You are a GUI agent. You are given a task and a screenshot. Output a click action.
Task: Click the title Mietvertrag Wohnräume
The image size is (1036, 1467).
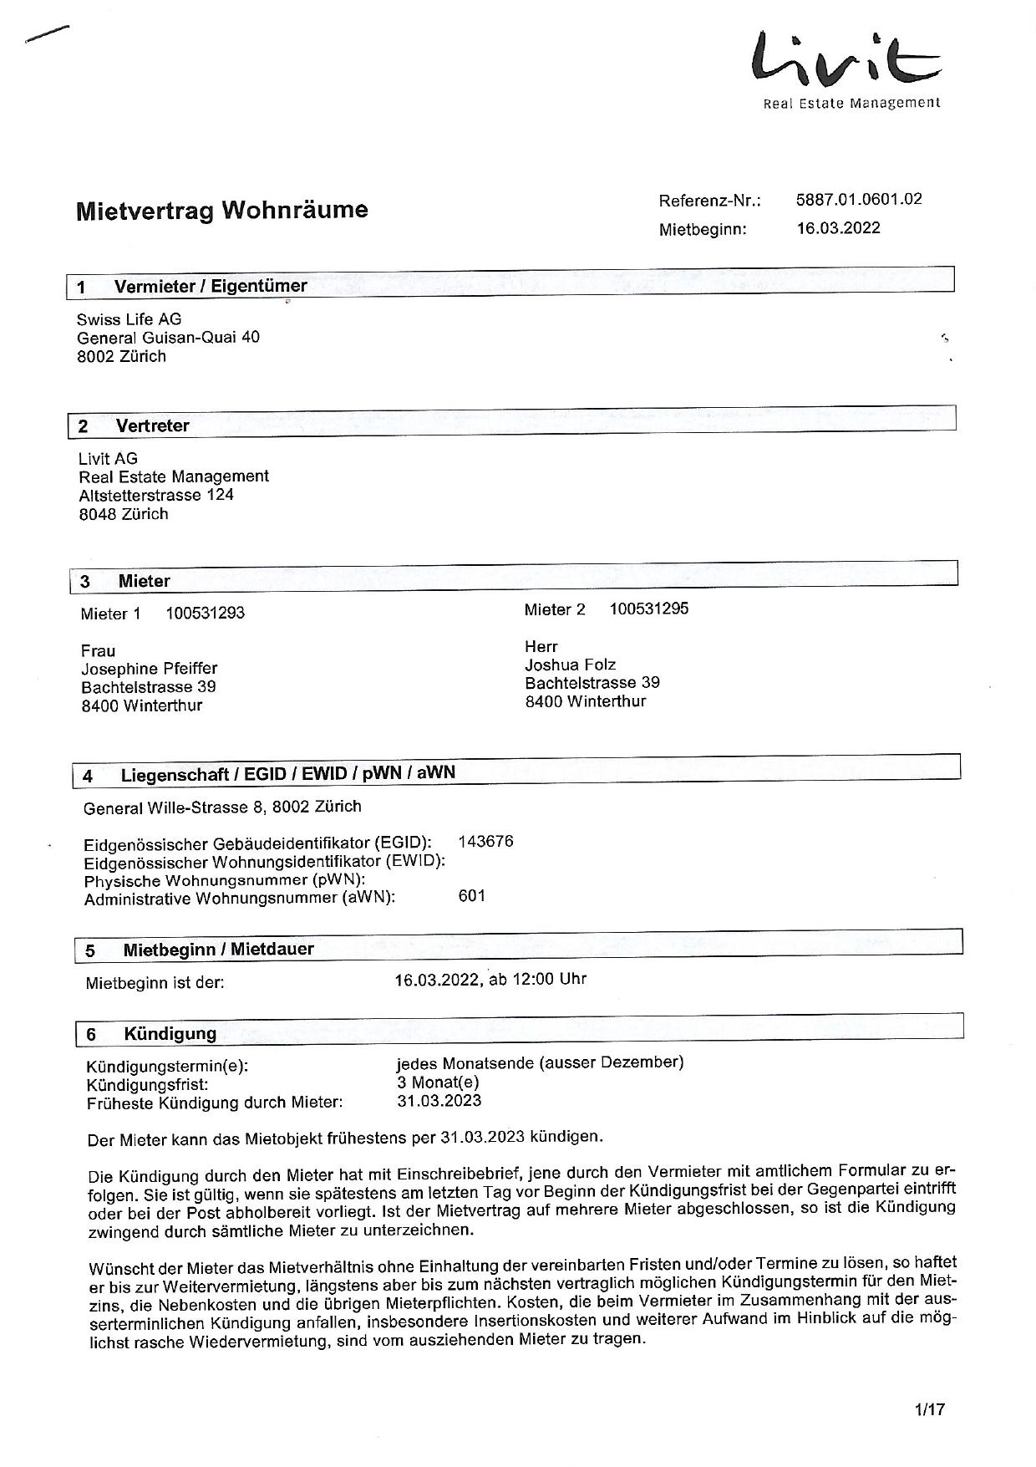[x=221, y=210]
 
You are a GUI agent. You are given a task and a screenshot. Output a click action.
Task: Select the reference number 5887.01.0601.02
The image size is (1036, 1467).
[x=859, y=199]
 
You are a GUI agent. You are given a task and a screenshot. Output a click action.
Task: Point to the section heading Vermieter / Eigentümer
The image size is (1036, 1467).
[x=211, y=286]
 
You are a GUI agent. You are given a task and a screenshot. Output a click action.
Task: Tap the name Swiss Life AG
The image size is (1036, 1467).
[x=129, y=319]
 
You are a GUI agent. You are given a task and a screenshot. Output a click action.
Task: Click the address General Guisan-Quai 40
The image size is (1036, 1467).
[x=168, y=338]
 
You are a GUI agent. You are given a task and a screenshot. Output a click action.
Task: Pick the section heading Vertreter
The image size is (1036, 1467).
[x=152, y=425]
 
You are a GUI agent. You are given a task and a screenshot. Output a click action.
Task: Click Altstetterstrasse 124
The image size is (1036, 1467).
[x=156, y=495]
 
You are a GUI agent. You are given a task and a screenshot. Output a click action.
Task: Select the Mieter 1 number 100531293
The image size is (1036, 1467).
[x=205, y=614]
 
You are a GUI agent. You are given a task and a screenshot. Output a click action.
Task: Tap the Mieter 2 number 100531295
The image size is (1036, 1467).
[x=649, y=609]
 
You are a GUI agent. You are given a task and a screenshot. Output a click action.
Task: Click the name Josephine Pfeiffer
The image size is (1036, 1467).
[x=149, y=669]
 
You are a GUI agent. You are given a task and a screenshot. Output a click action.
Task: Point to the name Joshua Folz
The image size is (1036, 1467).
[x=570, y=665]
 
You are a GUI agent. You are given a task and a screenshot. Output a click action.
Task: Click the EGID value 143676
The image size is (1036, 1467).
[x=485, y=842]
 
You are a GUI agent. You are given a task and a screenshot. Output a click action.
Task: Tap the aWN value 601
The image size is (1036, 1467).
[x=472, y=896]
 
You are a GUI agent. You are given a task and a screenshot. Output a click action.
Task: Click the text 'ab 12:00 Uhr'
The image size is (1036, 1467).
[x=537, y=979]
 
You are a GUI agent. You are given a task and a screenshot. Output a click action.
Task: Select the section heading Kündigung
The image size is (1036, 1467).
[x=170, y=1034]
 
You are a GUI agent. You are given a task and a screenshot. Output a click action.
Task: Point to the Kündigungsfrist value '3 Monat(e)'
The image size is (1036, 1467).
[x=438, y=1082]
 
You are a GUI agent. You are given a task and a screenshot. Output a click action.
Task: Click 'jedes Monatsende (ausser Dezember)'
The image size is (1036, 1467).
[x=540, y=1063]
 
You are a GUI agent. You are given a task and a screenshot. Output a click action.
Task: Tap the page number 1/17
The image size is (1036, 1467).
[x=929, y=1409]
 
